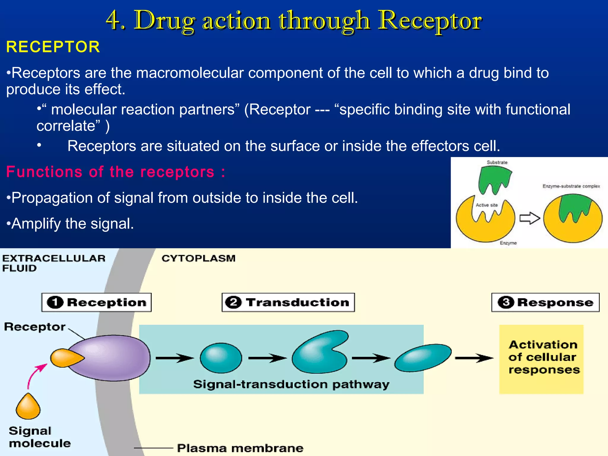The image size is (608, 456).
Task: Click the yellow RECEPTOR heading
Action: click(53, 47)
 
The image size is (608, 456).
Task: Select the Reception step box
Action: click(96, 302)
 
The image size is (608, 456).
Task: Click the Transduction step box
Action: click(288, 302)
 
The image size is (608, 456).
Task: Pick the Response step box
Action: click(545, 302)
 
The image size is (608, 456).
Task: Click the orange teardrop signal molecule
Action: click(28, 407)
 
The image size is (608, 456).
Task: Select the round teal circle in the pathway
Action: click(221, 358)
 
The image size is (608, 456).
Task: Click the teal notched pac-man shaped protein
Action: click(318, 353)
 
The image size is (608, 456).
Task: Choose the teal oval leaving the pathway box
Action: click(423, 357)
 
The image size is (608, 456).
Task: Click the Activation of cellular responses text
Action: click(543, 357)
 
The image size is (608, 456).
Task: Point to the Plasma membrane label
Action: click(240, 448)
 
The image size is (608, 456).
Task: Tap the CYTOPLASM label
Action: click(198, 258)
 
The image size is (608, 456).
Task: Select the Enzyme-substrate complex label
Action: click(571, 186)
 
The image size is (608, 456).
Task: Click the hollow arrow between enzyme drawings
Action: click(530, 218)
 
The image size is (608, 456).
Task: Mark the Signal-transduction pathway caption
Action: click(291, 384)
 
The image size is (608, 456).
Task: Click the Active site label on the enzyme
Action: click(487, 205)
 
